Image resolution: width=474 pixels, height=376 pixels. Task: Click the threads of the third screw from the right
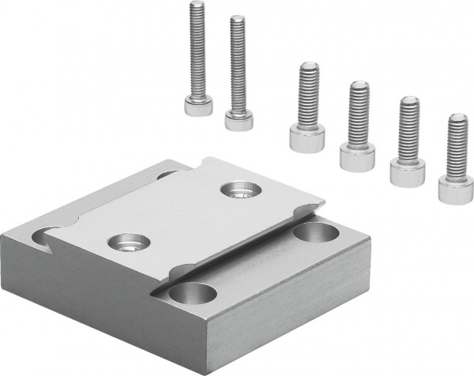pyautogui.click(x=358, y=111)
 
